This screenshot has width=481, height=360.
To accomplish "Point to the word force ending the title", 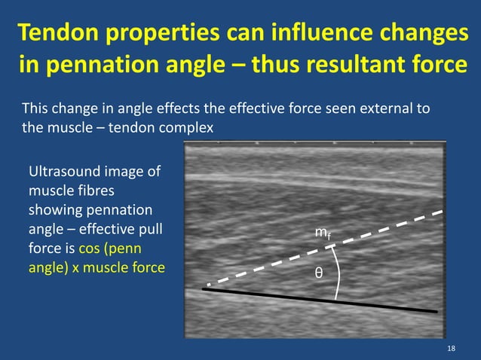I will [437, 66].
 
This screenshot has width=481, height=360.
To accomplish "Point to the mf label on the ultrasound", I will [321, 236].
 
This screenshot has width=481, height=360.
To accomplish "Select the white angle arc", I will [339, 271].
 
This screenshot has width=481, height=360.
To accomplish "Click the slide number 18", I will [451, 347].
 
